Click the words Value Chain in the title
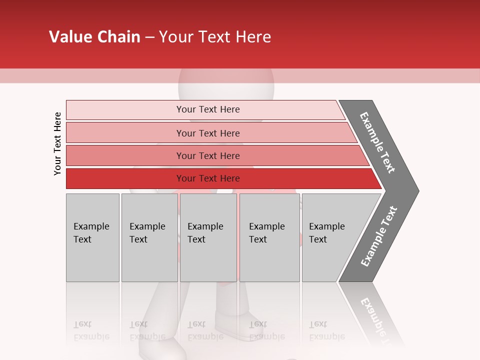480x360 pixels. (94, 37)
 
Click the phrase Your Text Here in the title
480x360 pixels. (215, 37)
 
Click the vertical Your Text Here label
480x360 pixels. (57, 143)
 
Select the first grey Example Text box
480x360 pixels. (92, 237)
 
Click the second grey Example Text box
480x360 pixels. (149, 237)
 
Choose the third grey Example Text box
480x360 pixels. (208, 237)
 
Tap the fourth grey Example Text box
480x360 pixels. (269, 237)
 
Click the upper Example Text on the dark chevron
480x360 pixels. (377, 142)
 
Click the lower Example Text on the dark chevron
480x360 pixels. (378, 236)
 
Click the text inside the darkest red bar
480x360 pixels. (208, 178)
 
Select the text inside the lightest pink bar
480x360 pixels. (208, 109)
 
